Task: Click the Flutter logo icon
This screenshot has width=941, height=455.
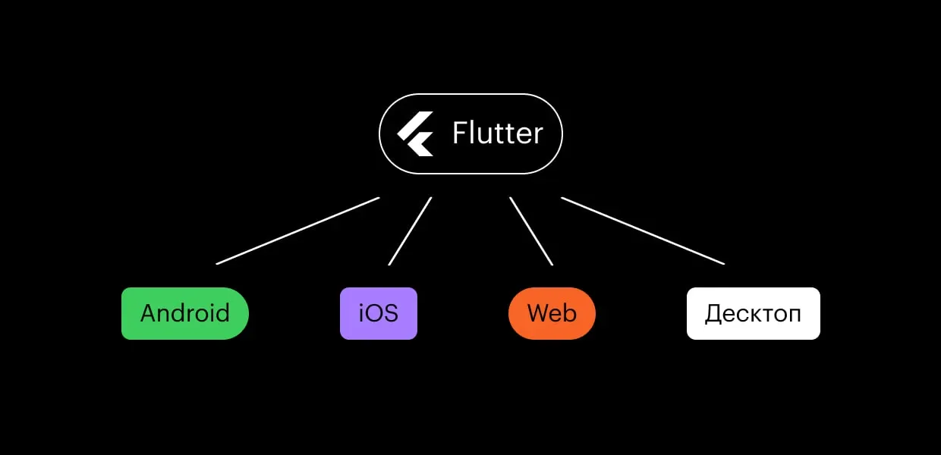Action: click(x=415, y=134)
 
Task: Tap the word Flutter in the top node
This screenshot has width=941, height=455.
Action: click(x=497, y=133)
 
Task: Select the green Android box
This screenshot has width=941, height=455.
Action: click(x=185, y=313)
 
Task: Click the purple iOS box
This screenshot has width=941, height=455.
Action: click(x=379, y=313)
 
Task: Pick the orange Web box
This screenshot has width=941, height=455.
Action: click(x=552, y=313)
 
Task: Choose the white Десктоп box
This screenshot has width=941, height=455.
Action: click(x=754, y=313)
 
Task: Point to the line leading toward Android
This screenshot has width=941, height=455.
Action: click(x=297, y=231)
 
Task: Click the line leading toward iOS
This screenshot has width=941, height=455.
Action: click(x=410, y=231)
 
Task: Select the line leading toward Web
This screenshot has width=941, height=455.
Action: click(x=531, y=231)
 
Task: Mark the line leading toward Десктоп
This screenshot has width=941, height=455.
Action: click(x=643, y=231)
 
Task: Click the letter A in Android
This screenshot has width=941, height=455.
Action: click(x=150, y=313)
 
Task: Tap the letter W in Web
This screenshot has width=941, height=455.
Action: click(x=540, y=313)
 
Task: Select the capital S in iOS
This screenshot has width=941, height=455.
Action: click(x=391, y=313)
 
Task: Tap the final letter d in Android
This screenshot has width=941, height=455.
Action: click(x=222, y=312)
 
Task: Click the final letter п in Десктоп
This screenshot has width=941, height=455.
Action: click(x=795, y=315)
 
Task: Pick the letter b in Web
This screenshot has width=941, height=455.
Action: click(x=570, y=312)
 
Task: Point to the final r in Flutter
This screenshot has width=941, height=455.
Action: click(x=538, y=136)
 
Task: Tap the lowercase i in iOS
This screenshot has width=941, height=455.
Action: click(x=361, y=313)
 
